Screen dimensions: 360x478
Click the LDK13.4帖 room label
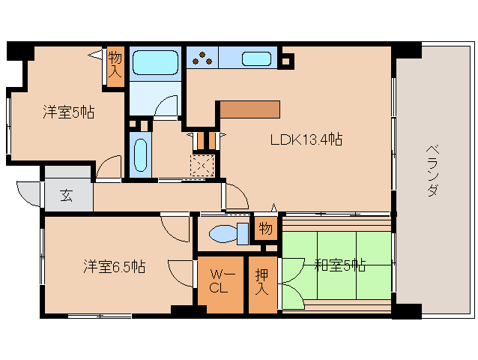(306, 139)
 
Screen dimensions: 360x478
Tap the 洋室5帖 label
(67, 113)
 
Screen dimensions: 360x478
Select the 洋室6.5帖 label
(114, 266)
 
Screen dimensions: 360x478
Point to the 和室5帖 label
(339, 265)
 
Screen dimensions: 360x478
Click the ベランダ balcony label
(432, 170)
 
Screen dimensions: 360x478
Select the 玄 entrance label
(66, 196)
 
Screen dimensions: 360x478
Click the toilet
(229, 234)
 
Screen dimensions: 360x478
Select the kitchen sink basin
(256, 58)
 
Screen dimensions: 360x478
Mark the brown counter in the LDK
(249, 109)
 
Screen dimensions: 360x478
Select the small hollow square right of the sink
(285, 58)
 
